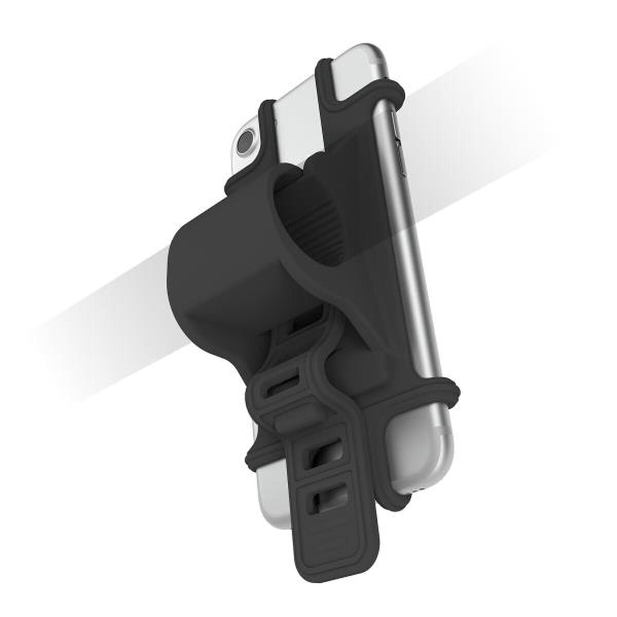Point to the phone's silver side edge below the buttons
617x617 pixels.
[x=411, y=308]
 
